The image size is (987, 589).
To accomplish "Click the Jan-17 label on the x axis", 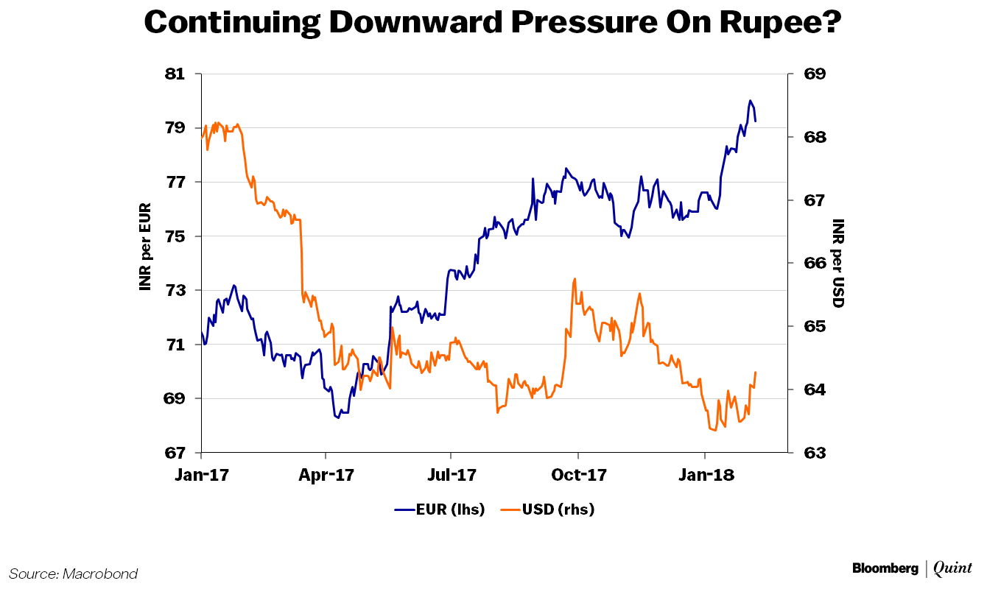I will (x=201, y=475).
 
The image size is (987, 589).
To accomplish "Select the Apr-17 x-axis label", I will (x=326, y=475).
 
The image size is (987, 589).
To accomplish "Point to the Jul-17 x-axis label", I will (x=451, y=475).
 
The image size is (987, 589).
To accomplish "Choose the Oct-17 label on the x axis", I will (x=579, y=475).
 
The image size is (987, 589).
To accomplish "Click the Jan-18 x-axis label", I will (x=705, y=475).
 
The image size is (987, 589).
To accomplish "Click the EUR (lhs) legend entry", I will (x=440, y=509).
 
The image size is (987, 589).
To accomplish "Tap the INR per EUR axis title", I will (x=145, y=247).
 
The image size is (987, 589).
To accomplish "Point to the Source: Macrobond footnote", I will (x=74, y=574).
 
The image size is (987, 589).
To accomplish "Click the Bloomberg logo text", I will (x=885, y=568).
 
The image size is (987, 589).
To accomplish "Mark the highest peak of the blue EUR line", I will (x=750, y=100).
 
